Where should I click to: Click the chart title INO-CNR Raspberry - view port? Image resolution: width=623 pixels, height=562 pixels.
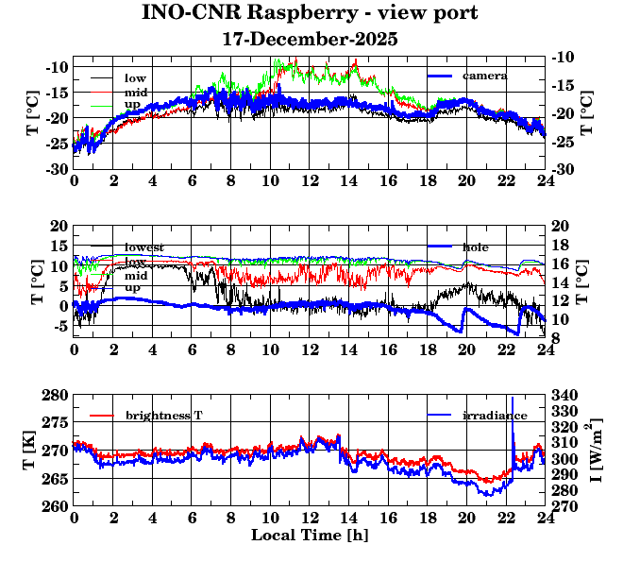coord(310,13)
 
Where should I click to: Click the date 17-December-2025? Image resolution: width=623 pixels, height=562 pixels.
coord(310,40)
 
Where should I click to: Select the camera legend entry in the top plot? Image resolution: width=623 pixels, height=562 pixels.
coord(484,76)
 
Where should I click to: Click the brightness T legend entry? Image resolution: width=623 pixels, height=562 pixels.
coord(164,416)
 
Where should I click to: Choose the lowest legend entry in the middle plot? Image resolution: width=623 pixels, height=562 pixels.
coord(144,247)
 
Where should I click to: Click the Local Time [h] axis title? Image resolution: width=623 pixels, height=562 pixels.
coord(310,536)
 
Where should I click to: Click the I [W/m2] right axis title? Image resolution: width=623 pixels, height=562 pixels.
coord(597,450)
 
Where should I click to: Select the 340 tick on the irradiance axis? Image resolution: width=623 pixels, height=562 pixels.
coord(563,395)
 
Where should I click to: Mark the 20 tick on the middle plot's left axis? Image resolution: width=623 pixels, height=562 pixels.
coord(58,226)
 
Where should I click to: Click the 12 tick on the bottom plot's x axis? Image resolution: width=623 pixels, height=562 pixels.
coord(310,519)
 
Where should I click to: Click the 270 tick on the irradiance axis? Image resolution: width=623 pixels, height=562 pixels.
coord(563,506)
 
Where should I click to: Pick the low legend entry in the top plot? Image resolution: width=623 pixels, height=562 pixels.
coord(135,77)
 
